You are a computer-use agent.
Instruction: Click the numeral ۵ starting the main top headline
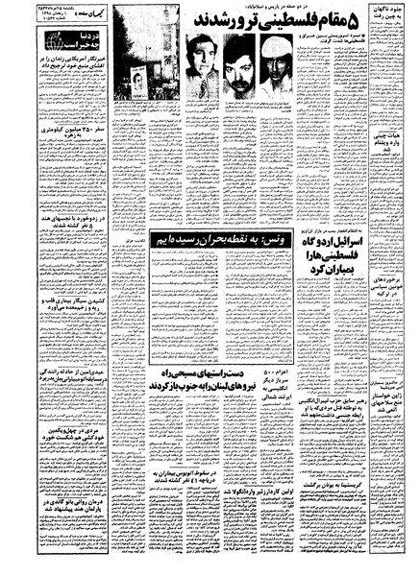[381, 21]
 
